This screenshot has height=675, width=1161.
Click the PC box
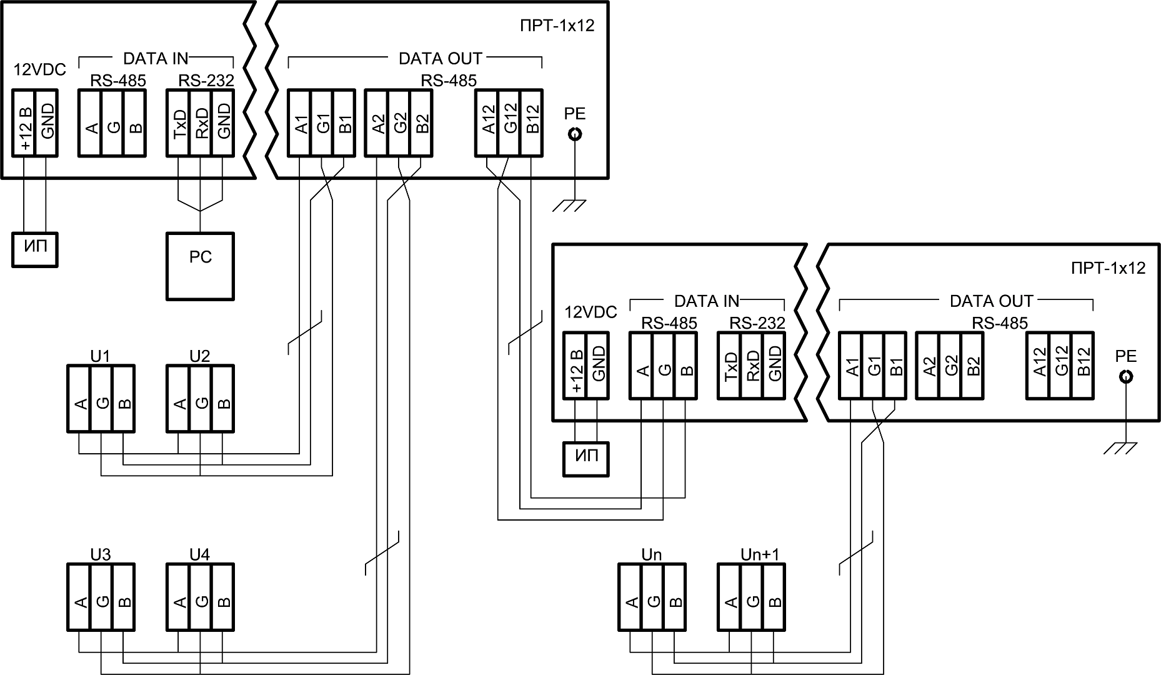click(200, 266)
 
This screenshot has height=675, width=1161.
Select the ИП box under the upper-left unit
click(34, 249)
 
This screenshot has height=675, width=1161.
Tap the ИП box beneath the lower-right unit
click(585, 459)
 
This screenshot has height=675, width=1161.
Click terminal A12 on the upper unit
click(487, 123)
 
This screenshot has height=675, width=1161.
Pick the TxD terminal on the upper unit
click(178, 123)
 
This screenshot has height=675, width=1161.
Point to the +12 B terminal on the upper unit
click(24, 123)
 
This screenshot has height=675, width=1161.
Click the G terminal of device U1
click(101, 399)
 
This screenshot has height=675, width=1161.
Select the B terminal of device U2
click(223, 399)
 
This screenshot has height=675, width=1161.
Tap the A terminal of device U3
click(79, 597)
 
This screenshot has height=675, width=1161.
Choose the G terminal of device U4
click(201, 597)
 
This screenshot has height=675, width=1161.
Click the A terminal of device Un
click(630, 597)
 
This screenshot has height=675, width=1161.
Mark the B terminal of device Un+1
click(774, 597)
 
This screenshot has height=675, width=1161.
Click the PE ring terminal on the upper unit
click(574, 134)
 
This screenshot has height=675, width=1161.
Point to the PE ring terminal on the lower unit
click(1125, 377)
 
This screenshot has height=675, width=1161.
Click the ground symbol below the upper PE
click(569, 205)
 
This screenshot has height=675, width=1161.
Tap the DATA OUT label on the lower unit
click(991, 301)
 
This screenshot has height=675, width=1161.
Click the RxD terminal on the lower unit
click(751, 366)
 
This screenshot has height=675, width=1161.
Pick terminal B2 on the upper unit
click(422, 123)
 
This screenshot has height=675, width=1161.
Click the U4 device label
click(199, 554)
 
